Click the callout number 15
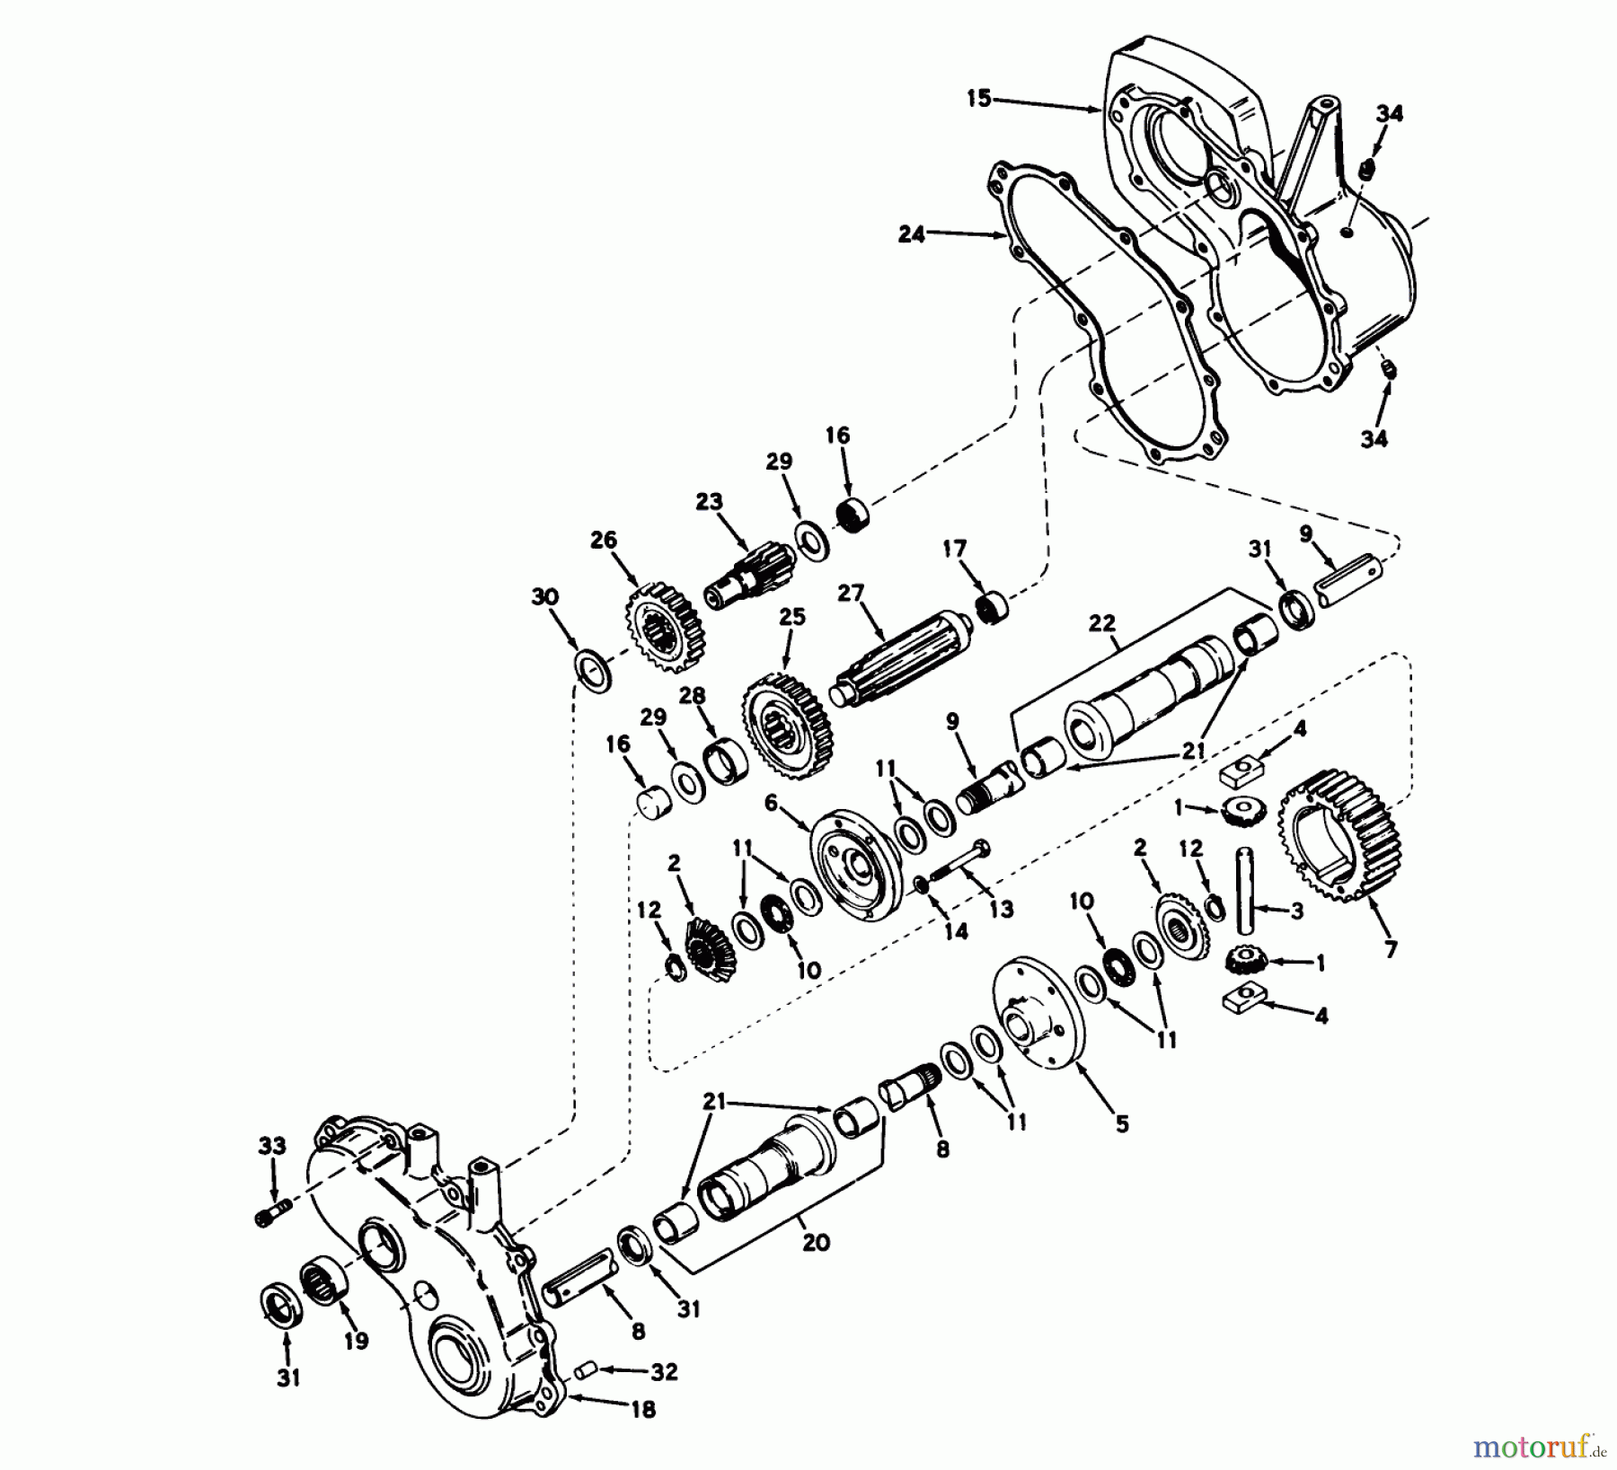tap(979, 98)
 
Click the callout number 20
tap(816, 1243)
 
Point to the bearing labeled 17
tap(993, 604)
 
